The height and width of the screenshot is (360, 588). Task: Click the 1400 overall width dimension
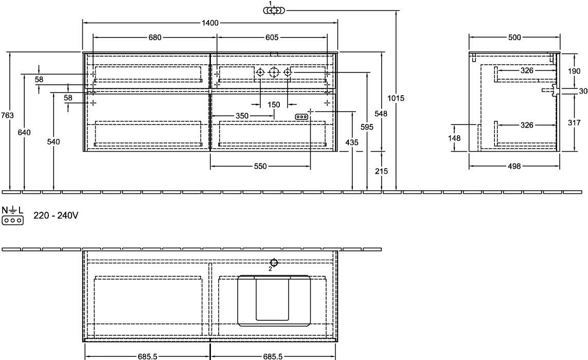(209, 23)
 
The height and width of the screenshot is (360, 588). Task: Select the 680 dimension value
(155, 38)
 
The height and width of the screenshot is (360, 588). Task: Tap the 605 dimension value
(272, 38)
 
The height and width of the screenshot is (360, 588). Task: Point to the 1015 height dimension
(396, 98)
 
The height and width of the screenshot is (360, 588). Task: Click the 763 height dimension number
(8, 116)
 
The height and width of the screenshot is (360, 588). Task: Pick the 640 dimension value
(24, 132)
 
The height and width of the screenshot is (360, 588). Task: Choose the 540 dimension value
(54, 142)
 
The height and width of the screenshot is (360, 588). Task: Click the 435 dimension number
(352, 142)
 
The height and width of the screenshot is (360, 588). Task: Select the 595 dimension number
(367, 127)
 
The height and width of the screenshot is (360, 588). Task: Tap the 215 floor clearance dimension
(381, 171)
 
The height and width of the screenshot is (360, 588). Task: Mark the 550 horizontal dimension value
(260, 166)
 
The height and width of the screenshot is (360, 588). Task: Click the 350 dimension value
(242, 116)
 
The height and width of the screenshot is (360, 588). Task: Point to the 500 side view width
(514, 38)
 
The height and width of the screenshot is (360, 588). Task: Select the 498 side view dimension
(514, 166)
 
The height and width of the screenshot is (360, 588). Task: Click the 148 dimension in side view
(454, 138)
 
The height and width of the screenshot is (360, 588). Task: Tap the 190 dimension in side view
(574, 71)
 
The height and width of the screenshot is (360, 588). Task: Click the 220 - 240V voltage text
(56, 215)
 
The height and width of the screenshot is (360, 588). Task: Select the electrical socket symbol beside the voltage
(12, 220)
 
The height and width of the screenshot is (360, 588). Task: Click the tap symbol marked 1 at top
(274, 10)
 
